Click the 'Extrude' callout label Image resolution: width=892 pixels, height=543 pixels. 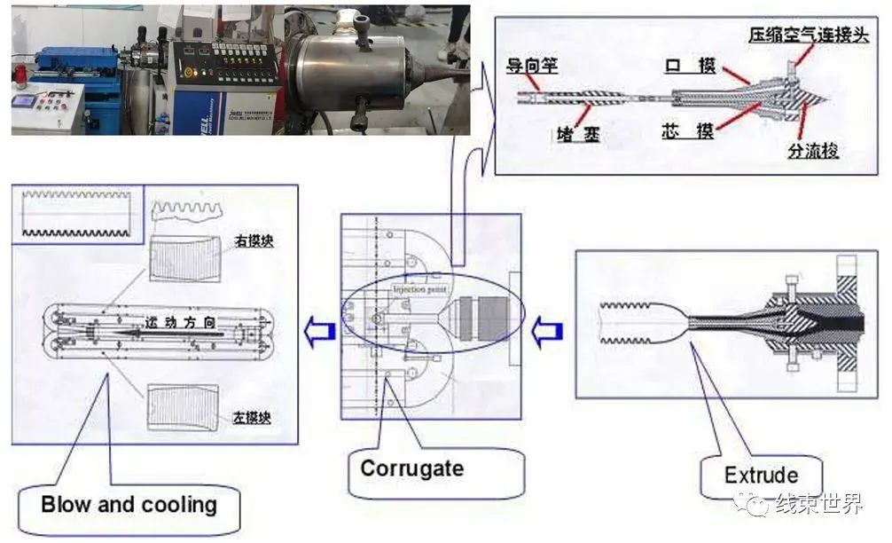[761, 476]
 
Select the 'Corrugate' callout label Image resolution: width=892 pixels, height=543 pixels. [411, 467]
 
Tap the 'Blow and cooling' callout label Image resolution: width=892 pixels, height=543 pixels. [129, 505]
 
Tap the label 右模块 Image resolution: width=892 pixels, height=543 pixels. [254, 240]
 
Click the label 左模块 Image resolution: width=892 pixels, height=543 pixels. [252, 416]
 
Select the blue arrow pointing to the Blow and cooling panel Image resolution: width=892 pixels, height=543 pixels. [318, 331]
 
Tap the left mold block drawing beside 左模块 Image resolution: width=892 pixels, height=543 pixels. [184, 405]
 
